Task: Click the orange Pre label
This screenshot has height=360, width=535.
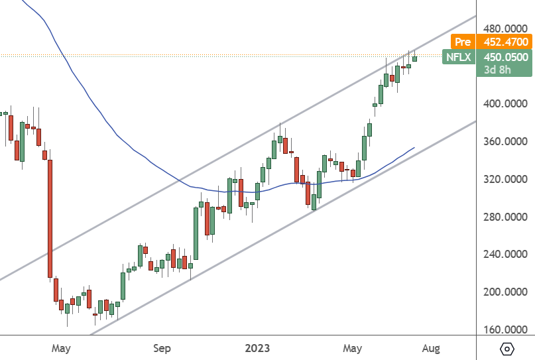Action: (458, 42)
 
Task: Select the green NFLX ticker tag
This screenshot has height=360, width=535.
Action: (458, 57)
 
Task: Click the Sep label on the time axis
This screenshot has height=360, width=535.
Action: (162, 347)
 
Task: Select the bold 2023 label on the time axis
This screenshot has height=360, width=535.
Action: (258, 347)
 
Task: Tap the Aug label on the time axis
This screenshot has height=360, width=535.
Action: (431, 347)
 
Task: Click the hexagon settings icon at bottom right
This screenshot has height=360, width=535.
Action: (507, 348)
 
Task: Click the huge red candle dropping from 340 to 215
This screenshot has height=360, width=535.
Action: (50, 219)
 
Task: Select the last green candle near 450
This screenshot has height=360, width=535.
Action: (415, 59)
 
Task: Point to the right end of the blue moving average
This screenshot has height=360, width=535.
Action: (414, 148)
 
